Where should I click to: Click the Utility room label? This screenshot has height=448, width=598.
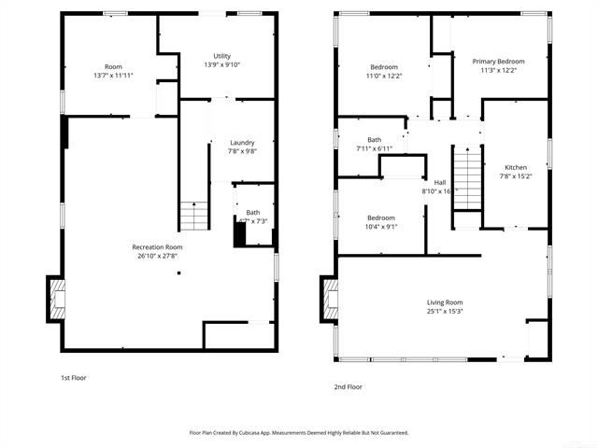221,56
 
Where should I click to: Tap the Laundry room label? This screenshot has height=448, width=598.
241,143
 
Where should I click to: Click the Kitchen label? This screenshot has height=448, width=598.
516,167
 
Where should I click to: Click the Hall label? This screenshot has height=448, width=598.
440,182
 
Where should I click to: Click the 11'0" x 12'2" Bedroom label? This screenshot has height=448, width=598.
384,67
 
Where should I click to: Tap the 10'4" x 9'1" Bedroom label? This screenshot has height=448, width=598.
380,217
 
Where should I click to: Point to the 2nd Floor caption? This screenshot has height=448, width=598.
348,385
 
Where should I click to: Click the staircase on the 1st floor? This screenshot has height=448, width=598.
193,217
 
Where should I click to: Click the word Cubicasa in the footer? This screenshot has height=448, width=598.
268,433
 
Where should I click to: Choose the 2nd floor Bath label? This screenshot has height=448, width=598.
374,140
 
